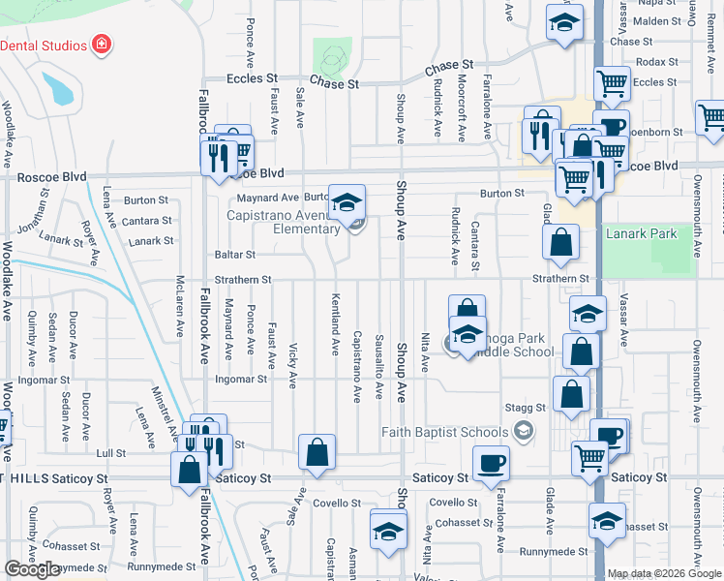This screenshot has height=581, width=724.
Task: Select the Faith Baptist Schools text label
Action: (444, 432)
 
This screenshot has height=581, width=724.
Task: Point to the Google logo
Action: (32, 569)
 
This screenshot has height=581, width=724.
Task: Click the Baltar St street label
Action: (236, 255)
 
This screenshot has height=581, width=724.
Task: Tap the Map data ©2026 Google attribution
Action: (663, 573)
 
